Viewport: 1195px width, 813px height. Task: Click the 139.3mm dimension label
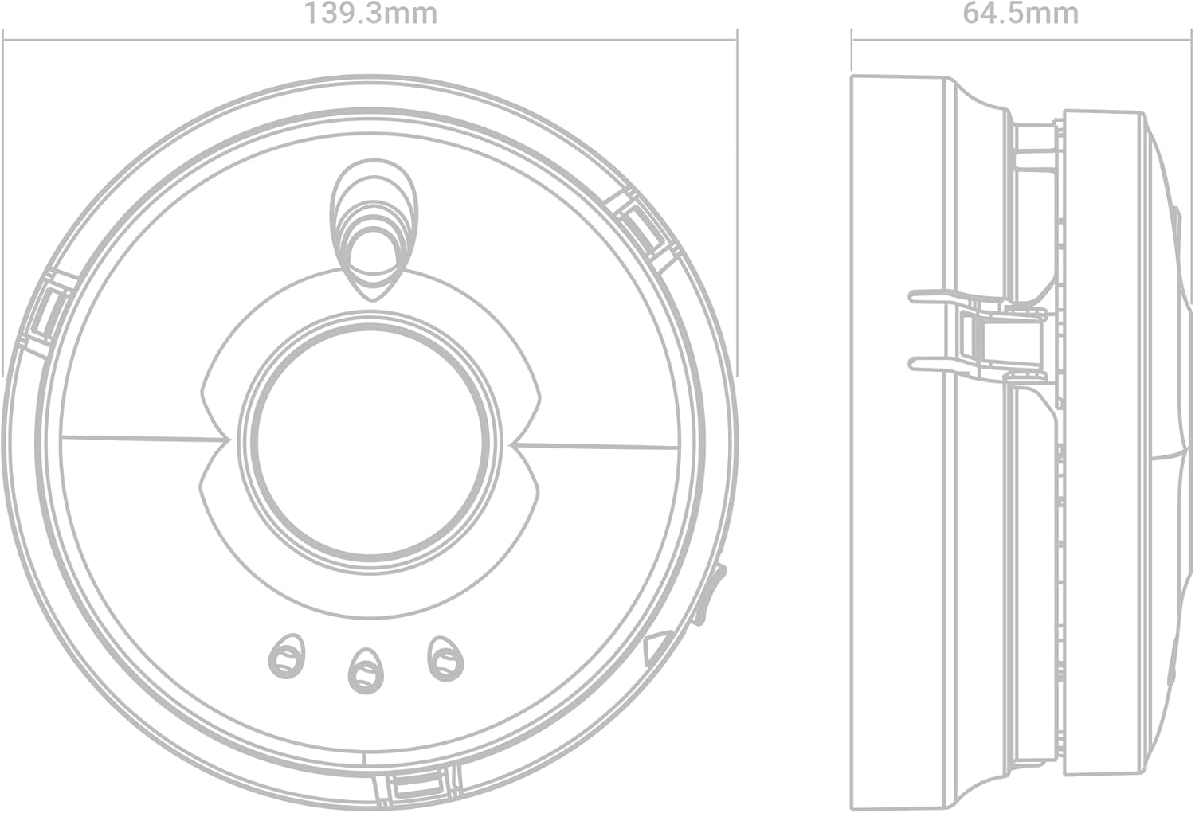(x=370, y=14)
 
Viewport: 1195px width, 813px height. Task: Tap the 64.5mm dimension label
(x=1021, y=14)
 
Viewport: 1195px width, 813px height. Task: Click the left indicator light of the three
(x=287, y=655)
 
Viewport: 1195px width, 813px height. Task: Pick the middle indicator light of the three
(x=364, y=668)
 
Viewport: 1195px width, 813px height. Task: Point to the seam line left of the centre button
(x=139, y=436)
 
